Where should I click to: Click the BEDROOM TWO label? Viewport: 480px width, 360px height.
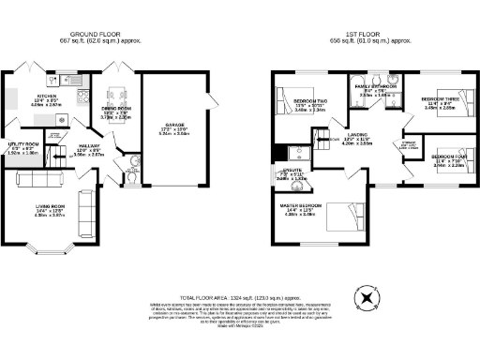tap(308, 100)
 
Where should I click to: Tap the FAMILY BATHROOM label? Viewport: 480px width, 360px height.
tap(375, 85)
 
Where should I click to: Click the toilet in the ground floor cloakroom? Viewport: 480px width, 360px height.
tap(134, 173)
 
